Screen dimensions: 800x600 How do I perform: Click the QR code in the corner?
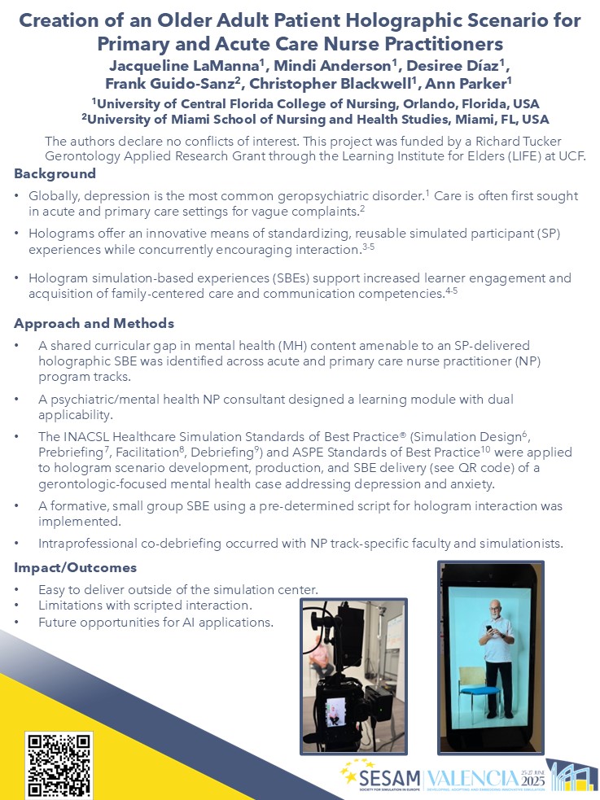pyautogui.click(x=59, y=764)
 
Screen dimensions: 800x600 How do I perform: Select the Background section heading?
pyautogui.click(x=55, y=173)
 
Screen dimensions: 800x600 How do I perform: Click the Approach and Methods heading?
pyautogui.click(x=94, y=323)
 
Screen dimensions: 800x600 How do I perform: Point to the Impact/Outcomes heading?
pyautogui.click(x=75, y=567)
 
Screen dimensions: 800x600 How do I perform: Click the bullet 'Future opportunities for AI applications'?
pyautogui.click(x=155, y=623)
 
